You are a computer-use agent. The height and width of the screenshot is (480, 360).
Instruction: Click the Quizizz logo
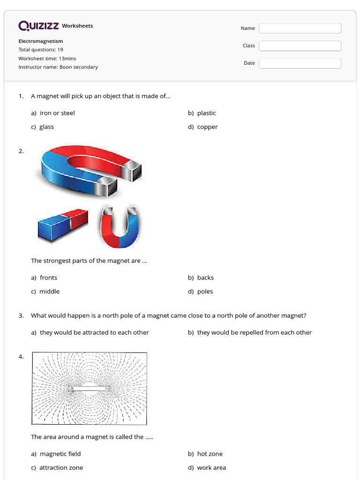[38, 26]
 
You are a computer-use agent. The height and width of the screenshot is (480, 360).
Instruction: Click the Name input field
[300, 29]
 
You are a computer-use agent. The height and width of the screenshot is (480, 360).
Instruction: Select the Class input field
[300, 46]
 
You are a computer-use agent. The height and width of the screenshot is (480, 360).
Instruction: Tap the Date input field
[300, 63]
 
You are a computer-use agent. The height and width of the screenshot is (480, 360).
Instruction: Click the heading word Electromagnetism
[40, 41]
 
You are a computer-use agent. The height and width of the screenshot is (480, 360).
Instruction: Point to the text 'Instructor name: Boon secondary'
[58, 67]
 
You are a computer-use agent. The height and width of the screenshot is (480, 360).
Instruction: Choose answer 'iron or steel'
[57, 113]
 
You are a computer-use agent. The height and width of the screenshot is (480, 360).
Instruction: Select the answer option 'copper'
[207, 127]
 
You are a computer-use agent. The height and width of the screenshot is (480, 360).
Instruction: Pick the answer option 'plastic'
[206, 113]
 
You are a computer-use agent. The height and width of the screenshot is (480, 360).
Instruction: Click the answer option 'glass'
[46, 127]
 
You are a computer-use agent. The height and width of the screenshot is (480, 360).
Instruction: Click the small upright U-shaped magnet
[120, 227]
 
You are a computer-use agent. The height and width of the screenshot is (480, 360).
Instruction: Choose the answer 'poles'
[205, 292]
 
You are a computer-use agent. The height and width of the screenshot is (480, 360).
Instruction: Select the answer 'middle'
[49, 292]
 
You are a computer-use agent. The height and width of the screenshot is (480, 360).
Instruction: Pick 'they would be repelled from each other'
[254, 333]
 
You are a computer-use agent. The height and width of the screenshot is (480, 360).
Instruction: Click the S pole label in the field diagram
[72, 388]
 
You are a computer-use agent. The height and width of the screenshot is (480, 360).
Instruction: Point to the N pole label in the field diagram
[107, 388]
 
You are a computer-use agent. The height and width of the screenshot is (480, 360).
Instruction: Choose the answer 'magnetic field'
[60, 454]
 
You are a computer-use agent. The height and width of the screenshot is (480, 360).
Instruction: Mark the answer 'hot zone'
[210, 454]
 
